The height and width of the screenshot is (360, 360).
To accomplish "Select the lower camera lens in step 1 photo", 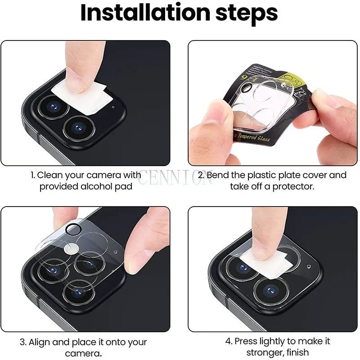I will tap(78, 129).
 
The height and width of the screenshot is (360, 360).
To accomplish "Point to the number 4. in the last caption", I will tap(229, 342).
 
